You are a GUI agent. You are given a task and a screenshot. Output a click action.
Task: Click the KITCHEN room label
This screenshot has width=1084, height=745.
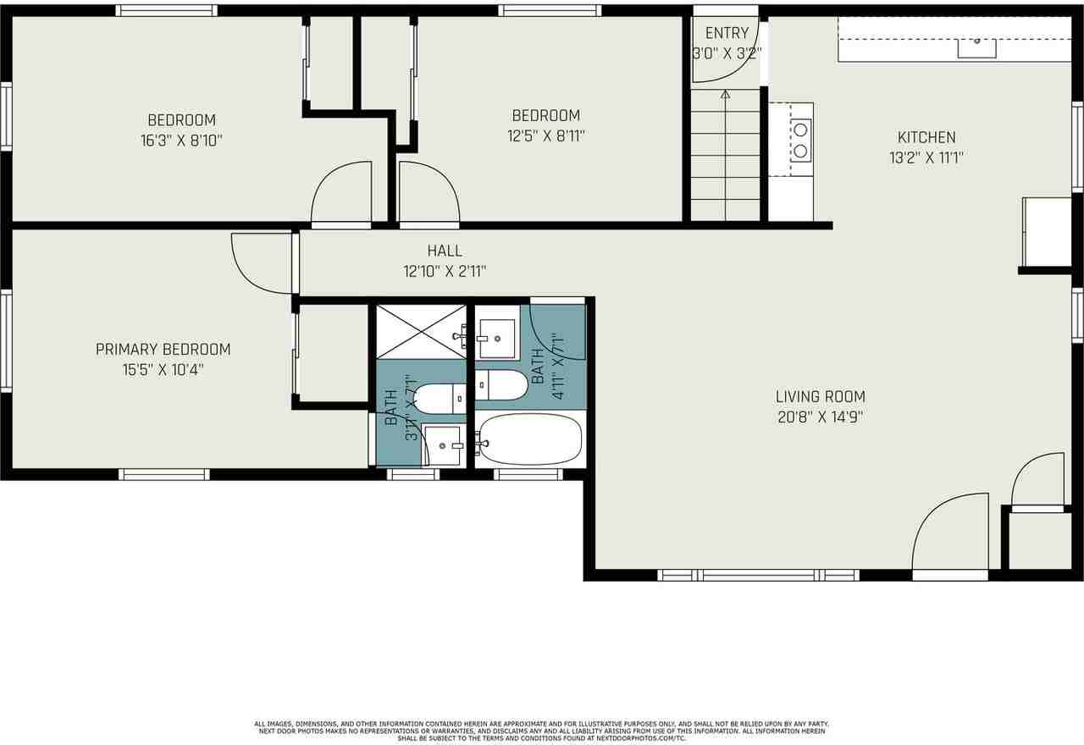[x=926, y=137]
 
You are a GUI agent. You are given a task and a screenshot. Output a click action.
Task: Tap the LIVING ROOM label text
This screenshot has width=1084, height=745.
[x=821, y=396]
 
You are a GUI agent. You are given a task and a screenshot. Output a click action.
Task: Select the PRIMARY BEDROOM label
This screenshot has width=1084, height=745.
[x=163, y=349]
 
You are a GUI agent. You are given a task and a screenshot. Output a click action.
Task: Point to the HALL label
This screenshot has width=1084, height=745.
[x=445, y=251]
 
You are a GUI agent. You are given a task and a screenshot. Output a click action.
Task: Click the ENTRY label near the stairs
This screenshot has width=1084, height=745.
[x=727, y=33]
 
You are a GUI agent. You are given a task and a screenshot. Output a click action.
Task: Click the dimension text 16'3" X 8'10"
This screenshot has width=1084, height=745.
[x=181, y=141]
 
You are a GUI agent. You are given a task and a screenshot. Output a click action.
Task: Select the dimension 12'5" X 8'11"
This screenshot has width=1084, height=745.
[x=545, y=135]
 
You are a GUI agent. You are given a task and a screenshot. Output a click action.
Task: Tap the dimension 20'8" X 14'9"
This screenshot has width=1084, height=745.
[x=821, y=417]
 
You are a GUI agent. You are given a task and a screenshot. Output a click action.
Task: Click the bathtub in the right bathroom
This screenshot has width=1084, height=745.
[x=530, y=439]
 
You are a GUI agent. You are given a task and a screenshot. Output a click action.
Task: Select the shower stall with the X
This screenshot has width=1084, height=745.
[x=421, y=331]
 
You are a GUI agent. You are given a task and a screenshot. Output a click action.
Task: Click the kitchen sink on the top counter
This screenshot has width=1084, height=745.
[x=976, y=46]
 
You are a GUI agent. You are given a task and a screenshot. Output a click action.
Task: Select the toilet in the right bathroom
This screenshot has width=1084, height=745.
[x=499, y=385]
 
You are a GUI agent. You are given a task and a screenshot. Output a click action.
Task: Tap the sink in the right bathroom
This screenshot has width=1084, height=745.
[x=496, y=339]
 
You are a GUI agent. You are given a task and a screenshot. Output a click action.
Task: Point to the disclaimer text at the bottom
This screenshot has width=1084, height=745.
[x=542, y=731]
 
